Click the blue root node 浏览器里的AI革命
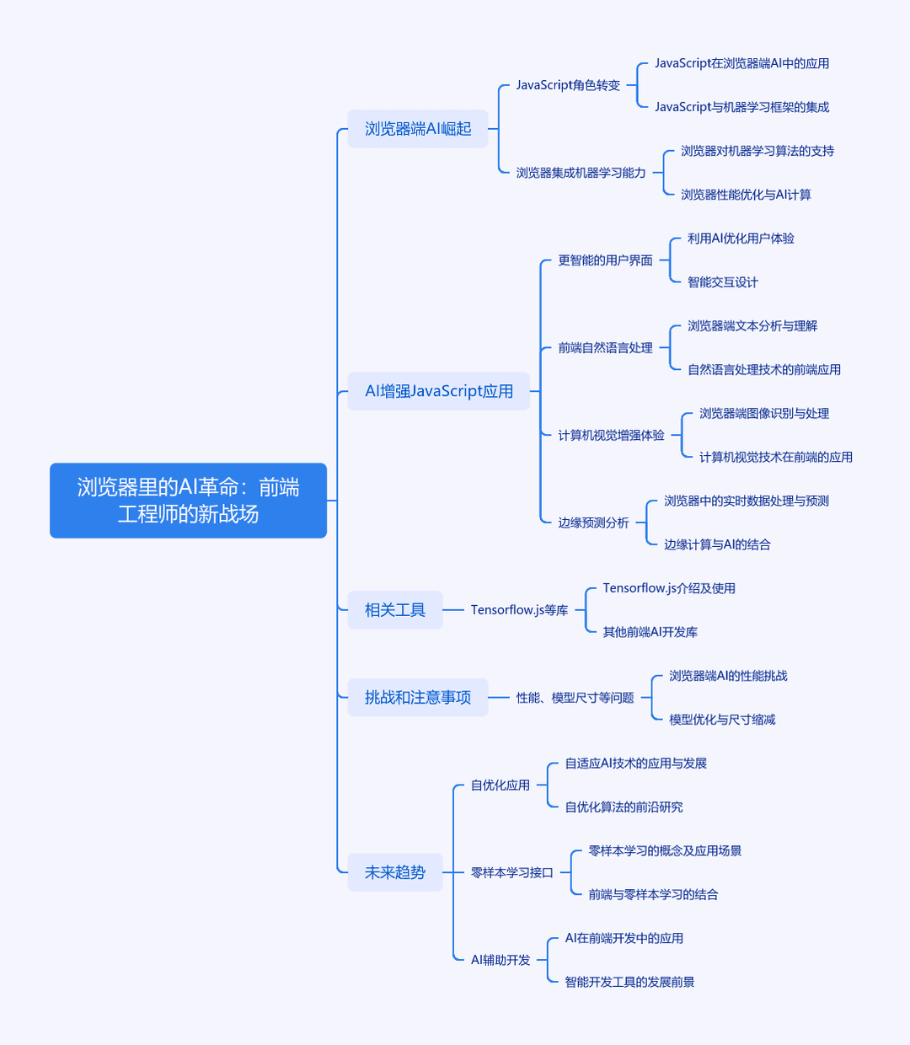tap(188, 500)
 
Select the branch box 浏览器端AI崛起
tap(418, 129)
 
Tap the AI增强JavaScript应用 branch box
tap(439, 391)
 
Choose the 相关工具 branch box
tap(394, 610)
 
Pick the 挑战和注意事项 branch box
tap(418, 697)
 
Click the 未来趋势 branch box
tap(394, 872)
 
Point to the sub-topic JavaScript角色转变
tap(568, 85)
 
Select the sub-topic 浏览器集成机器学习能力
tap(581, 173)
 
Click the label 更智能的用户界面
tap(605, 260)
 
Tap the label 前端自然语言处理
tap(605, 348)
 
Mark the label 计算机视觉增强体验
tap(611, 435)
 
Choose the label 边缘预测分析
tap(593, 522)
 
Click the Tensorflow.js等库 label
tap(519, 610)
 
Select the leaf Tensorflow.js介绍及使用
tap(669, 588)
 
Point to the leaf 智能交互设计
tap(723, 282)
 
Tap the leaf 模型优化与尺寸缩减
tap(722, 719)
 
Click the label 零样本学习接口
tap(511, 872)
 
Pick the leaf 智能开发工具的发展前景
tap(629, 982)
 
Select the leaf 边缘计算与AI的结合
tap(717, 544)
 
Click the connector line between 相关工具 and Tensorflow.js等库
tap(453, 610)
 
